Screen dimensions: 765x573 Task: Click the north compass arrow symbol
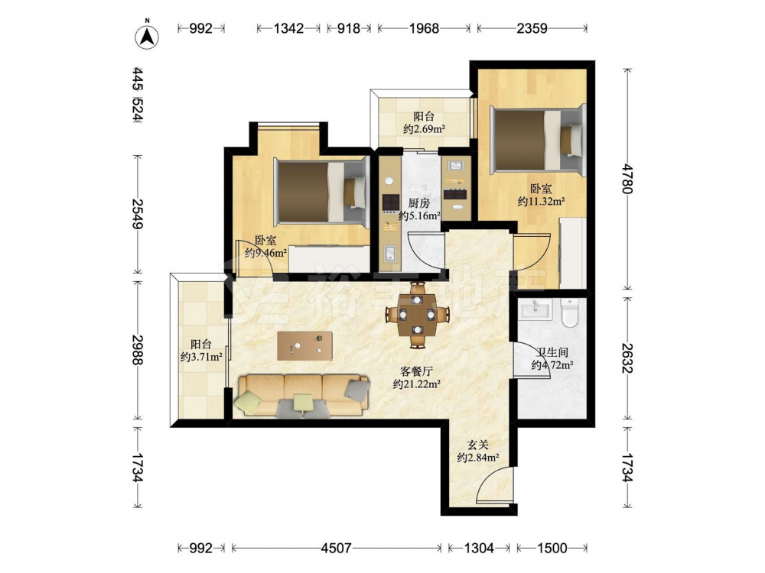click(x=147, y=35)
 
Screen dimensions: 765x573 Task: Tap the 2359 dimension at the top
click(x=532, y=29)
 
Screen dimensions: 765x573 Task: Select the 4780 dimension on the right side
click(x=627, y=179)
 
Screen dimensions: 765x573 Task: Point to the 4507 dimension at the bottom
click(x=336, y=548)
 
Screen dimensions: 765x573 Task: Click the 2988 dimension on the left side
click(x=138, y=349)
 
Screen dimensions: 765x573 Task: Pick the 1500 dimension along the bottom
click(x=552, y=548)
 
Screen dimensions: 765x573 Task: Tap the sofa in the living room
click(x=302, y=396)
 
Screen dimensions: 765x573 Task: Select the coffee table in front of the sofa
click(x=305, y=346)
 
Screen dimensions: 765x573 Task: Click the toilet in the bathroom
click(x=569, y=312)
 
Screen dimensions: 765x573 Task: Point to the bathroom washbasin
click(x=535, y=309)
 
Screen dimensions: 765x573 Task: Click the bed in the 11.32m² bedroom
click(x=539, y=141)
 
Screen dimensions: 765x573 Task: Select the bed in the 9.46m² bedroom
click(x=322, y=192)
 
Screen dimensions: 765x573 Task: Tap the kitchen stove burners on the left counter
click(x=391, y=202)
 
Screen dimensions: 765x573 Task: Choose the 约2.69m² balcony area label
click(x=424, y=129)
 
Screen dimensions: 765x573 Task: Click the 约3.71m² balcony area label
click(x=201, y=357)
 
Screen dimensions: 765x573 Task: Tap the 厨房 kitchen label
click(x=419, y=203)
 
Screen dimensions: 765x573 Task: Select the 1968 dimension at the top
click(x=424, y=29)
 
